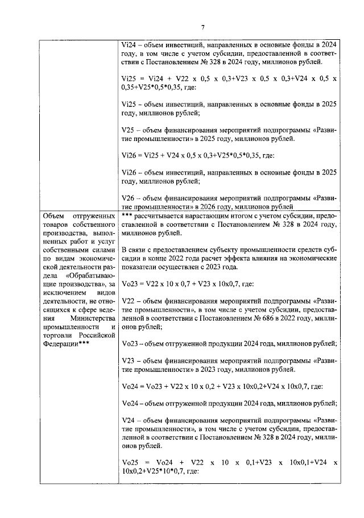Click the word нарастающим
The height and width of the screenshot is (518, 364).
click(x=199, y=217)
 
